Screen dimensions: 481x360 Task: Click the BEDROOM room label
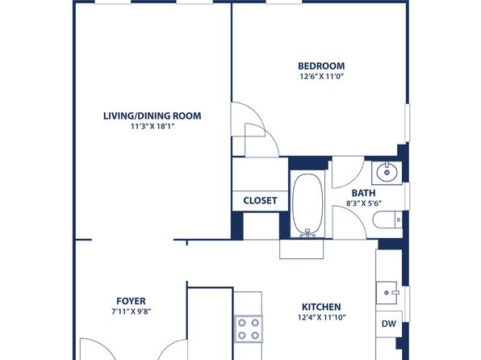(321, 66)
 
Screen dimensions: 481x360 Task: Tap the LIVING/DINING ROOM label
(153, 116)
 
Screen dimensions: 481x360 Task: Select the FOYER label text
(131, 301)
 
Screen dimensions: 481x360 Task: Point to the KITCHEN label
(321, 307)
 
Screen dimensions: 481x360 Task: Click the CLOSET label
(260, 201)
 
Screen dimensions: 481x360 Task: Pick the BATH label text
(363, 193)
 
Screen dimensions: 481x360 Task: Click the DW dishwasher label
(389, 324)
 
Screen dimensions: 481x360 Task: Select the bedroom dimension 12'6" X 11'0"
(321, 77)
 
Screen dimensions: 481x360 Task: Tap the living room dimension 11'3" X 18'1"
(153, 127)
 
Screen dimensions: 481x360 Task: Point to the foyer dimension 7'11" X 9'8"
(132, 312)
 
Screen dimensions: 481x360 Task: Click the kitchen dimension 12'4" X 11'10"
(321, 317)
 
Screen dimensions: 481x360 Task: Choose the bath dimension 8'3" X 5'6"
(363, 203)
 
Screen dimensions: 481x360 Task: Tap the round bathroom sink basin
(387, 173)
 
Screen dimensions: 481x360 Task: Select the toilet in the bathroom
(387, 220)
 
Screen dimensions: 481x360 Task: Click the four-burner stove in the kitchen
(249, 329)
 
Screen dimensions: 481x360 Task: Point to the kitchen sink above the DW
(387, 293)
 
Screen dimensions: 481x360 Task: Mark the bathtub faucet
(307, 233)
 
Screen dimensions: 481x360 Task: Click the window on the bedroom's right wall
(408, 123)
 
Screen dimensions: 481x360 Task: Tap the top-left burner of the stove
(242, 323)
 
